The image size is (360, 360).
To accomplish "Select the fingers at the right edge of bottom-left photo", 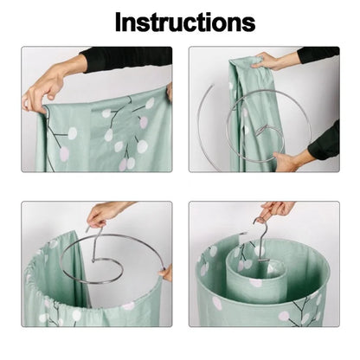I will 165,273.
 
